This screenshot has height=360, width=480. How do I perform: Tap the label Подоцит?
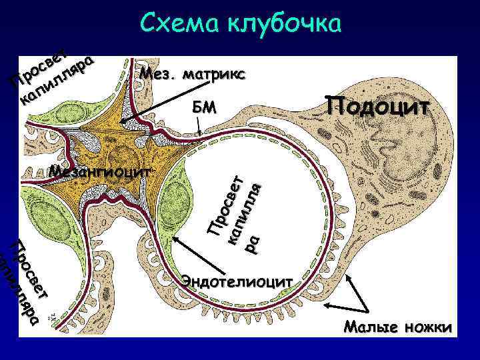(x=377, y=105)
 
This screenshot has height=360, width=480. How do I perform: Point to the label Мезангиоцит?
(x=100, y=171)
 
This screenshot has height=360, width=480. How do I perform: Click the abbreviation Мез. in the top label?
(x=157, y=73)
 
